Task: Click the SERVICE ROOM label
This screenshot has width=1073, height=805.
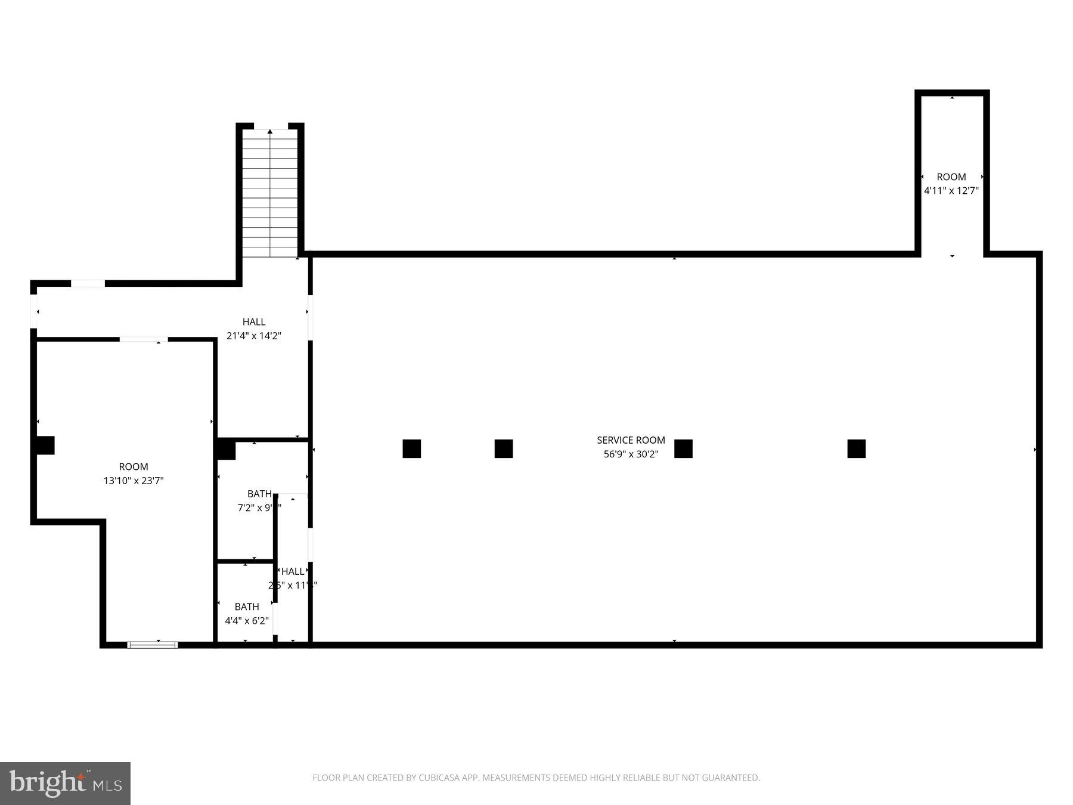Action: [631, 440]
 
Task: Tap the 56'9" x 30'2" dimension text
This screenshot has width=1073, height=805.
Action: [631, 454]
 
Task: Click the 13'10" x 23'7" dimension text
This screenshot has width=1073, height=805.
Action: [134, 481]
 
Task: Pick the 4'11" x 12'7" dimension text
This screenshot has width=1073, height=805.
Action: [951, 191]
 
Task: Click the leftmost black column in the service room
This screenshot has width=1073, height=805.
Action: [412, 448]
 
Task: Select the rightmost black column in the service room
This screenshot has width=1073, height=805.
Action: [856, 448]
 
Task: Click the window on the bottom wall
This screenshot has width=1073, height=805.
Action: [153, 645]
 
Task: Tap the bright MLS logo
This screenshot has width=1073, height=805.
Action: [65, 783]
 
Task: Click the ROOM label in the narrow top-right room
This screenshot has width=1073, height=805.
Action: [951, 177]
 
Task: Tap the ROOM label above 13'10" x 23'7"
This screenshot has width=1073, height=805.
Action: [134, 467]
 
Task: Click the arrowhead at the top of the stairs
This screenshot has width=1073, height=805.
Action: [270, 132]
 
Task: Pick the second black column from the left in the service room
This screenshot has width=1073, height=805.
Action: [504, 448]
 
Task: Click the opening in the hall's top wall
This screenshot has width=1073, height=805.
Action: [88, 283]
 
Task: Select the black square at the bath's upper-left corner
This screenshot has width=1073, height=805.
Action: [226, 449]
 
